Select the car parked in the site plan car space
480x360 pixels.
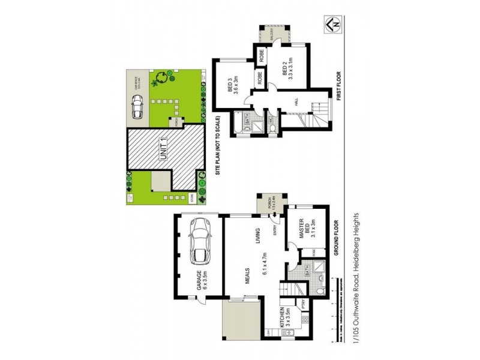point(136,107)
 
